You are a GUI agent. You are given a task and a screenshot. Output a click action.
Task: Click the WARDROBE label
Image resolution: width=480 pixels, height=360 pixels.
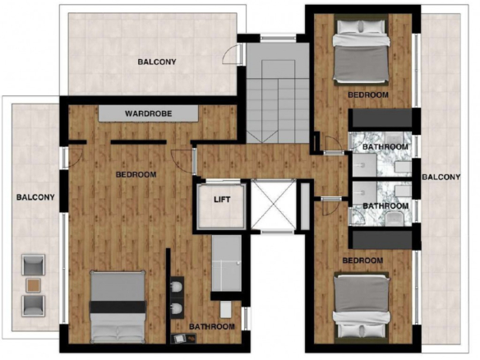[148, 113]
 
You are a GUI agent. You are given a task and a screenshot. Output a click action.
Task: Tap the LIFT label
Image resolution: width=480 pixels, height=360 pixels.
[222, 200]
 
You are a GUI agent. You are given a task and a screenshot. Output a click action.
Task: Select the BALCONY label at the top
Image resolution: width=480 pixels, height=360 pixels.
[157, 62]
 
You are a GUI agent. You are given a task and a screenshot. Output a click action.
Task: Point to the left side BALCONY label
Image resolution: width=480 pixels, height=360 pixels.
[35, 197]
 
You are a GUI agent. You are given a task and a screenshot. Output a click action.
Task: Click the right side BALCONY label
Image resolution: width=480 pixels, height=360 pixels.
[441, 177]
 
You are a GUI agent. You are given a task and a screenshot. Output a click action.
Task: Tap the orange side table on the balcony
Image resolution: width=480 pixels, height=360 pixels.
[33, 285]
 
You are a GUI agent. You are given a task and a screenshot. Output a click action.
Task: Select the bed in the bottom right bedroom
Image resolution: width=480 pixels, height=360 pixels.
[362, 308]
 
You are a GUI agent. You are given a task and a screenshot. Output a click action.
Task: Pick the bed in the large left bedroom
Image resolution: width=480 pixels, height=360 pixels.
[118, 307]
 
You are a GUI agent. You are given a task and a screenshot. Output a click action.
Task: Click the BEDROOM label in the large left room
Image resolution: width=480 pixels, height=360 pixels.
[136, 174]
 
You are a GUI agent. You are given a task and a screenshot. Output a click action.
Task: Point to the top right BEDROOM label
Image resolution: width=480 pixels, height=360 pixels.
[368, 95]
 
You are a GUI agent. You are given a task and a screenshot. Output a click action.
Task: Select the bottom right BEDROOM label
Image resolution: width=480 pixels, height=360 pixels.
[362, 261]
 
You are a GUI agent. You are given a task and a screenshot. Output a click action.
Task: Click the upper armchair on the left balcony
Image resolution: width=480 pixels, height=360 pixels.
[34, 265]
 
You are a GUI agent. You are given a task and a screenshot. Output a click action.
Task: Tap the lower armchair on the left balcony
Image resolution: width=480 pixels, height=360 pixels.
[34, 306]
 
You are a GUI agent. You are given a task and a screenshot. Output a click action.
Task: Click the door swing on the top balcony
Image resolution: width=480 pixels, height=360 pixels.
[230, 54]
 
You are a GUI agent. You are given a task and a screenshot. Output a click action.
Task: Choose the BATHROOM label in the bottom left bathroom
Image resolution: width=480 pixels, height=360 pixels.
[212, 326]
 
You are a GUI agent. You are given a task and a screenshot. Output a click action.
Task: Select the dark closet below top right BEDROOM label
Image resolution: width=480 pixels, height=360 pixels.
[381, 118]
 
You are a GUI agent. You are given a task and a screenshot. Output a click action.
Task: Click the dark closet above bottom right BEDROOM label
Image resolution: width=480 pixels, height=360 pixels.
[381, 240]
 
